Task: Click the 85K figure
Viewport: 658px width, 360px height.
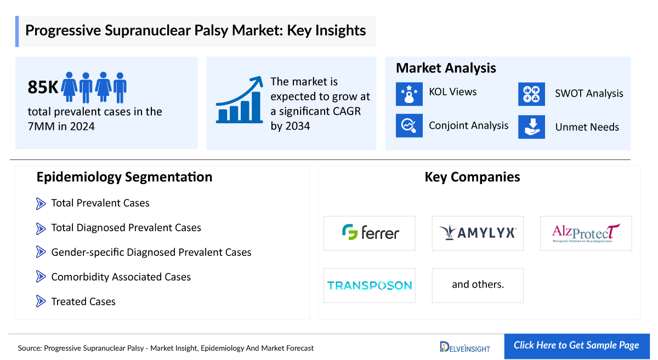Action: tap(43, 87)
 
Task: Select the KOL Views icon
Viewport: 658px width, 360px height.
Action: tap(409, 93)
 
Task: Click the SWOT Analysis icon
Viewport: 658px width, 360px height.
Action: tap(531, 94)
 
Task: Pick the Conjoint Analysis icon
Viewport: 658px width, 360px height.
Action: tap(409, 125)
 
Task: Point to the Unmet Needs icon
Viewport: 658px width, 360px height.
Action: tap(531, 127)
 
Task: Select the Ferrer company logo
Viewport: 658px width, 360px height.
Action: tap(370, 233)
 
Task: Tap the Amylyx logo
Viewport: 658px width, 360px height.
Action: tap(478, 233)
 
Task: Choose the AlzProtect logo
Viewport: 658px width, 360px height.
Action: tap(586, 233)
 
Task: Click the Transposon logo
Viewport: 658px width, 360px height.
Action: tap(370, 285)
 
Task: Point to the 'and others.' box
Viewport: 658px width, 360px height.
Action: tap(478, 285)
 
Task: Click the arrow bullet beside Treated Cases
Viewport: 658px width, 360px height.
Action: tap(41, 301)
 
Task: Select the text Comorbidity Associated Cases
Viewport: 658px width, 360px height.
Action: tap(121, 277)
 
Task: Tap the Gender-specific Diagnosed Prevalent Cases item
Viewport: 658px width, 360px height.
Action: tap(151, 253)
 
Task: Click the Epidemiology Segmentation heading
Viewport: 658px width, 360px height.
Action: tap(124, 177)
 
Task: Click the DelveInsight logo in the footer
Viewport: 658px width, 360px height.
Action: tap(465, 347)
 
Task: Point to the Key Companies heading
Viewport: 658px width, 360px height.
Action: tap(472, 177)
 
